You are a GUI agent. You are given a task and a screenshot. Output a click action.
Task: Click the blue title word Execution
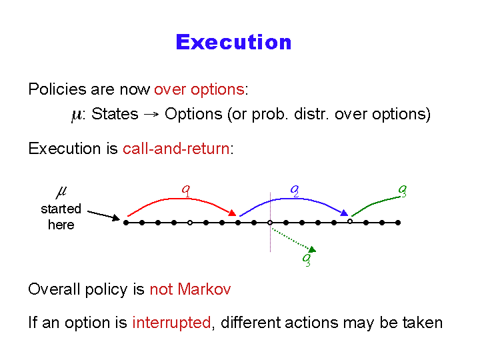tap(233, 42)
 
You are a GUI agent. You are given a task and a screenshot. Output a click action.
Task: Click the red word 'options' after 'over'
tap(217, 90)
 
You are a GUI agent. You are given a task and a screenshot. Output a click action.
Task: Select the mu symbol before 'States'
tap(76, 115)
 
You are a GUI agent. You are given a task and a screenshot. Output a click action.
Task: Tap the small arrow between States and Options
tap(151, 115)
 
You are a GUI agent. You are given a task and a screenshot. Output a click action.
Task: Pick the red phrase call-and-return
tap(176, 149)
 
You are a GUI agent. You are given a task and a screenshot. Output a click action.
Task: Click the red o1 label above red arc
tap(186, 191)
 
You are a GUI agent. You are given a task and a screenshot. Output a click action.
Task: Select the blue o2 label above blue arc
tap(295, 191)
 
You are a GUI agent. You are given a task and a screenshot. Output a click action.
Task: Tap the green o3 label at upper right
tap(403, 191)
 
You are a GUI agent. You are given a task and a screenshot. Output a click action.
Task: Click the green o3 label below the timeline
tap(307, 260)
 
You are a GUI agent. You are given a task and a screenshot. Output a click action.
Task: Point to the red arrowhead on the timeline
tap(233, 213)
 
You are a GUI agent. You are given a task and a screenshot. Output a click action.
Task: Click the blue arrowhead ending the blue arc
tap(345, 213)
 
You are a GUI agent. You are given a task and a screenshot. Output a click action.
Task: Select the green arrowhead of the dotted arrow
tap(312, 249)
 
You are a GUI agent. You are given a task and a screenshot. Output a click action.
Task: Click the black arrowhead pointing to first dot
tap(116, 217)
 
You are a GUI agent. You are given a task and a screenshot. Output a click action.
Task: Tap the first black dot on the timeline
tap(126, 223)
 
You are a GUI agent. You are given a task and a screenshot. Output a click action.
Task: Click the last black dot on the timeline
tap(398, 223)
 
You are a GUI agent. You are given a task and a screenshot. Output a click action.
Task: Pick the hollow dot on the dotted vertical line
tap(270, 223)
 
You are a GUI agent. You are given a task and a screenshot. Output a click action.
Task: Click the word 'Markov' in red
tap(204, 289)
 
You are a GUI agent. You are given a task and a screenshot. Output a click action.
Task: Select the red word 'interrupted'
tap(171, 323)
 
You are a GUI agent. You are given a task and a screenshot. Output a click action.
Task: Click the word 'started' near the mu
tap(61, 209)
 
